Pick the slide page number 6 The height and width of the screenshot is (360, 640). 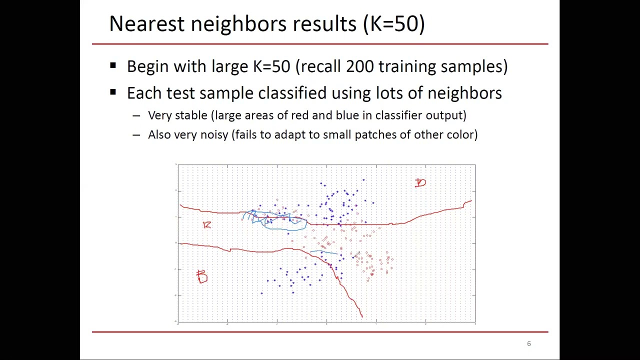[528, 343]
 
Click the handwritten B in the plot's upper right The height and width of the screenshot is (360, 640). [420, 183]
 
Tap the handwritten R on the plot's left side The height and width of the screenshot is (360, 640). [207, 225]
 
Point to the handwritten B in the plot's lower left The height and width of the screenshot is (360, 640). [201, 276]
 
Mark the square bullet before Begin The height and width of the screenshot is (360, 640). [113, 65]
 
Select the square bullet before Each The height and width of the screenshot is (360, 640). [113, 92]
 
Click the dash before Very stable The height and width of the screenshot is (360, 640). [136, 116]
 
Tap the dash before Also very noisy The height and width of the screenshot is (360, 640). [136, 135]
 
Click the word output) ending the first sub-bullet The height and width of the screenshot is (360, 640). [445, 115]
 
